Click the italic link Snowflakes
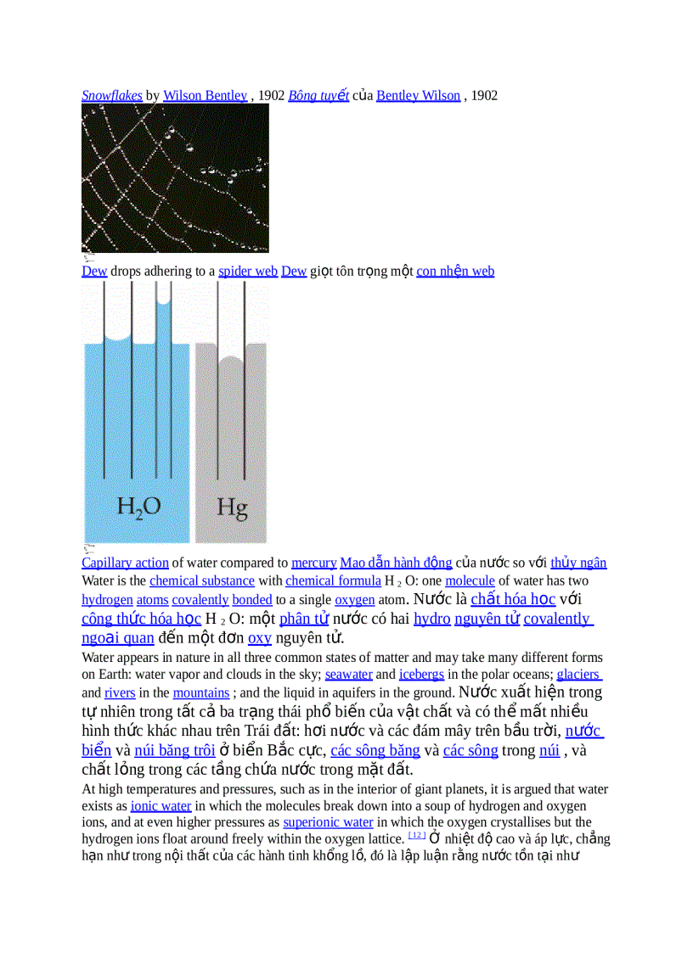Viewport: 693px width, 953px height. coord(111,96)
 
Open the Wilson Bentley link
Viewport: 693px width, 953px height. coord(205,96)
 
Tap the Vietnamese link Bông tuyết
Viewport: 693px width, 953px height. coord(318,96)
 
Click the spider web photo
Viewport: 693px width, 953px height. coord(175,178)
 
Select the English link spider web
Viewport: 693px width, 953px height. coord(248,272)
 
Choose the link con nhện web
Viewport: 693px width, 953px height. coord(455,272)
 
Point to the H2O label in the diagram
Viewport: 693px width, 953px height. coord(138,507)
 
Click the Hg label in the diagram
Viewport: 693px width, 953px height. coord(232,507)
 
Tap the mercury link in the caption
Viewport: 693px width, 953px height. coord(313,563)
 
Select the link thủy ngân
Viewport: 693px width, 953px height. coord(578,563)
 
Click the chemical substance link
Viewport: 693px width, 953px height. coord(201,581)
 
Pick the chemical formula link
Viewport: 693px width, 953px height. coord(333,581)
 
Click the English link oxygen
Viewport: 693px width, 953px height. coord(354,600)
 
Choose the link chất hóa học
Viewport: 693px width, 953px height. coord(513,599)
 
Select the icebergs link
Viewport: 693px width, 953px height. coord(421,675)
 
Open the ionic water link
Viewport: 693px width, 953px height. coord(161,806)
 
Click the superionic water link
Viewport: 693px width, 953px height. coord(328,822)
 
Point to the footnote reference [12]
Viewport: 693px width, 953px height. coord(416,835)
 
